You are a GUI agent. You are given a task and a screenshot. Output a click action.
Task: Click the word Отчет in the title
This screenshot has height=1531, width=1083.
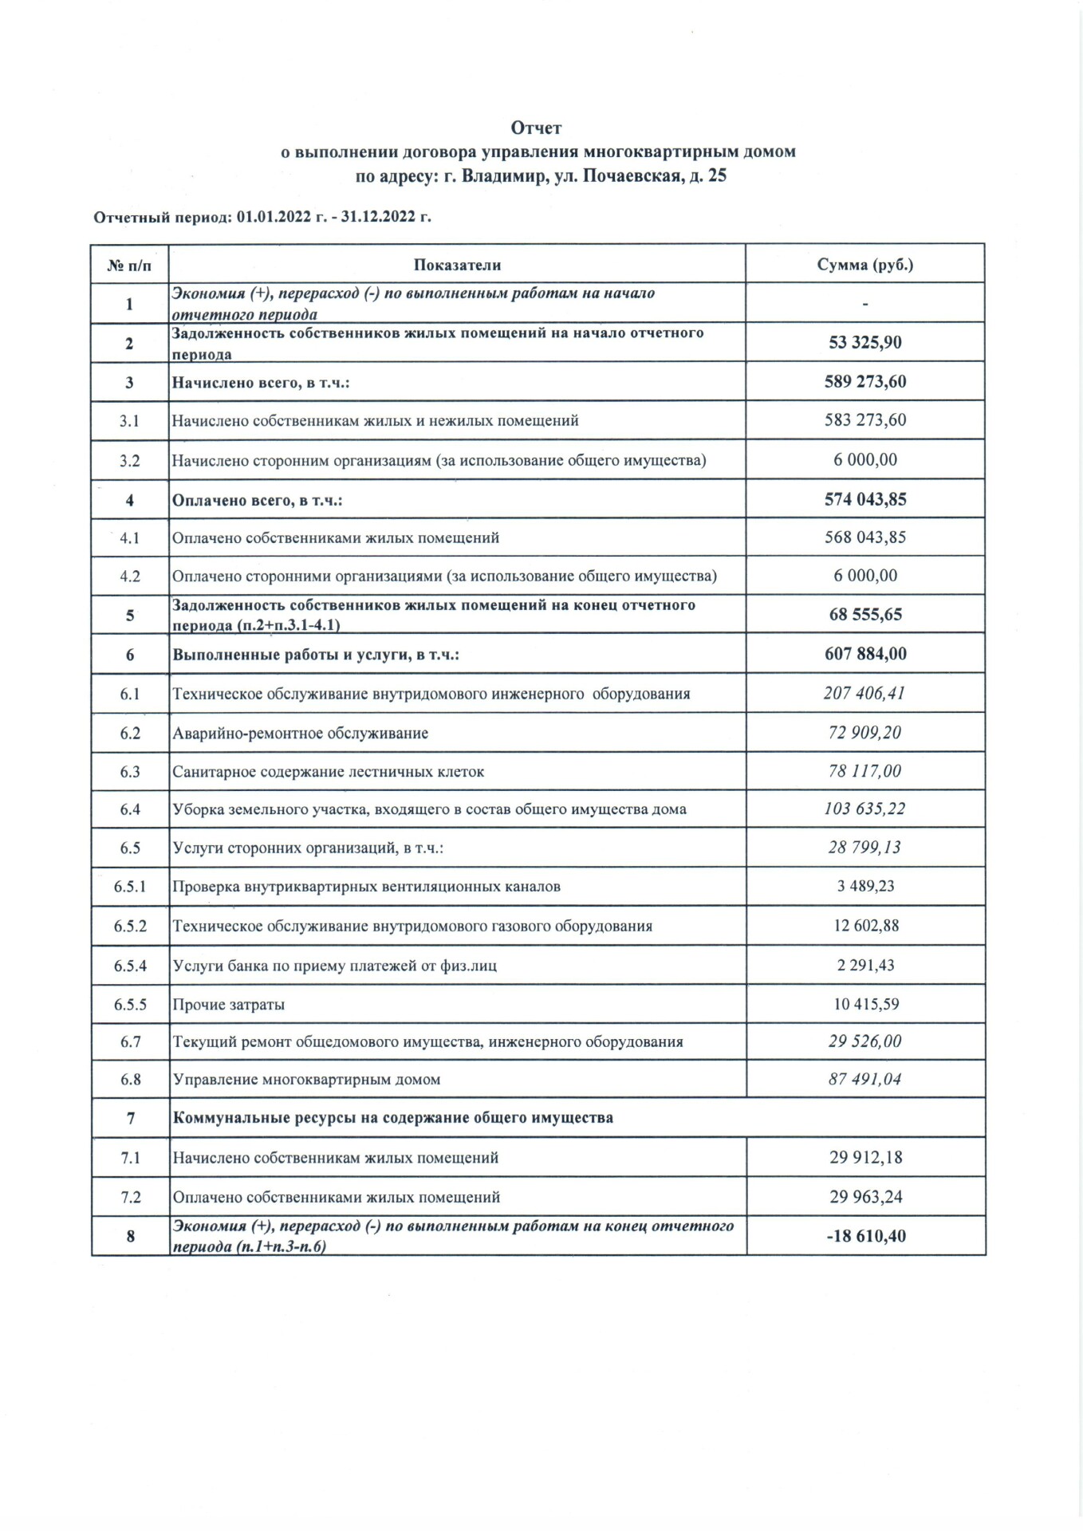[x=537, y=128]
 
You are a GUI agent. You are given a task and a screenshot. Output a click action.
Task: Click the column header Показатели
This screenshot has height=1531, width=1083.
[x=457, y=265]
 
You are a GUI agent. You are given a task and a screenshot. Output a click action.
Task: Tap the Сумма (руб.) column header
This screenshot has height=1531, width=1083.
[x=865, y=265]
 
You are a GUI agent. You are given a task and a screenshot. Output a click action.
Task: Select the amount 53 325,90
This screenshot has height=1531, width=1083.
[x=865, y=343]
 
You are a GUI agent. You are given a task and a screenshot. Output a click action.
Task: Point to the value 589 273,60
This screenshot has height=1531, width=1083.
[x=865, y=381]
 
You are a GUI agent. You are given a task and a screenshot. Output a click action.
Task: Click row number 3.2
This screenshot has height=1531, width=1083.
[x=130, y=460]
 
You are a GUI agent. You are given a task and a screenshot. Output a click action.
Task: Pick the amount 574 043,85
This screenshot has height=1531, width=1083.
[x=865, y=499]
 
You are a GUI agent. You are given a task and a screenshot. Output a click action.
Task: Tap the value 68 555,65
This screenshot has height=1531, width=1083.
[x=865, y=615]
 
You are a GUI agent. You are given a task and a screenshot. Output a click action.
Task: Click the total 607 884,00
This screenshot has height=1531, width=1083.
[x=865, y=654]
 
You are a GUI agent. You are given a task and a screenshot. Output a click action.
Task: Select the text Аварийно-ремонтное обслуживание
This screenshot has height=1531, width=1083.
[x=301, y=733]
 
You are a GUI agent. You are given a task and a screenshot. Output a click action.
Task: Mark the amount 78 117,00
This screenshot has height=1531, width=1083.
[x=865, y=771]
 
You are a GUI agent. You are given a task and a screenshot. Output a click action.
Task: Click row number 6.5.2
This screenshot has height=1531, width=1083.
[x=130, y=926]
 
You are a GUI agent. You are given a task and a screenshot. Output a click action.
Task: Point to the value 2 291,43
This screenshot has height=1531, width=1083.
[x=865, y=965]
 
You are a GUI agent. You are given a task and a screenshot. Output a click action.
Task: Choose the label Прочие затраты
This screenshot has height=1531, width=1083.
[x=229, y=1004]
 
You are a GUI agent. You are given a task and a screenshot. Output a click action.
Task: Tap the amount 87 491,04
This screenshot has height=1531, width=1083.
[x=865, y=1079]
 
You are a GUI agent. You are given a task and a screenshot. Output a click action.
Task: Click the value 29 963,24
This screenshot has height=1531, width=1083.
[x=865, y=1197]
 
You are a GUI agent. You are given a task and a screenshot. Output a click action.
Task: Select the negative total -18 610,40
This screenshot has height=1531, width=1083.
[x=865, y=1236]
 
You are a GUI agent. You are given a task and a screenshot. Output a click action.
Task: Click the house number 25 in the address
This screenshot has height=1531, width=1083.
[x=717, y=176]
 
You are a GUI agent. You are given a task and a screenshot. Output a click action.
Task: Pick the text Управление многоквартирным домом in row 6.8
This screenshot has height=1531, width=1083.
[x=307, y=1080]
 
